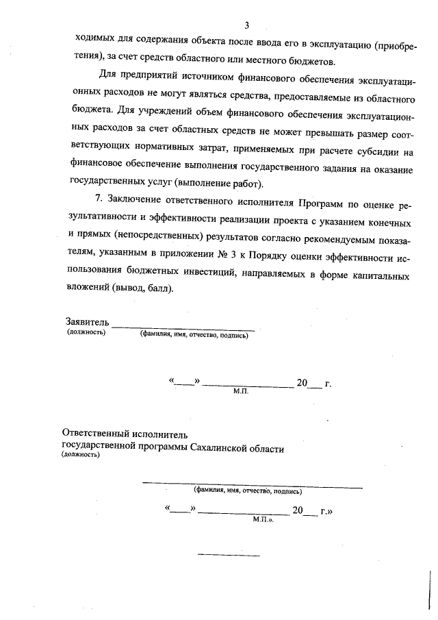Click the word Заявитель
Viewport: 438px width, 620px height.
pyautogui.click(x=87, y=321)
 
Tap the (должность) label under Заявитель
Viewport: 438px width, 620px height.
pyautogui.click(x=86, y=332)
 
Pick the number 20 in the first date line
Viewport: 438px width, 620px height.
pyautogui.click(x=302, y=384)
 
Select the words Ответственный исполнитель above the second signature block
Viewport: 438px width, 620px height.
pyautogui.click(x=124, y=434)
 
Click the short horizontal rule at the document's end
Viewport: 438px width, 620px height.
pyautogui.click(x=220, y=554)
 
